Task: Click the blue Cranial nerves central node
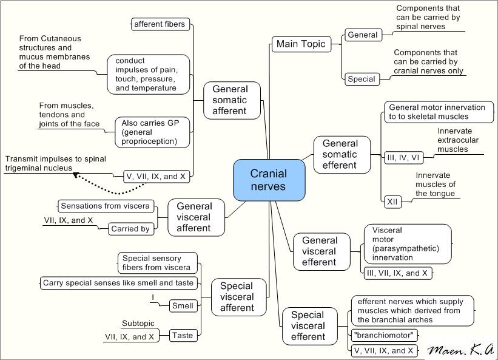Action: [268, 180]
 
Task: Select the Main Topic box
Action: [301, 44]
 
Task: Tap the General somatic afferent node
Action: [229, 100]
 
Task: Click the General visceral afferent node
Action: [194, 217]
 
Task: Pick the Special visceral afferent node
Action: [237, 297]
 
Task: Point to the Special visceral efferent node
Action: [308, 326]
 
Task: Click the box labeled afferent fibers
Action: [160, 24]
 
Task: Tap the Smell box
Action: [183, 305]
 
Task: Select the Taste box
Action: [183, 335]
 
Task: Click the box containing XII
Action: [392, 201]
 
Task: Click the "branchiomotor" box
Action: [385, 335]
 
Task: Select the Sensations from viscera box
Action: [104, 206]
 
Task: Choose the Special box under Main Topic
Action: [362, 79]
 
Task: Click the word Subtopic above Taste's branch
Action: [138, 324]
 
